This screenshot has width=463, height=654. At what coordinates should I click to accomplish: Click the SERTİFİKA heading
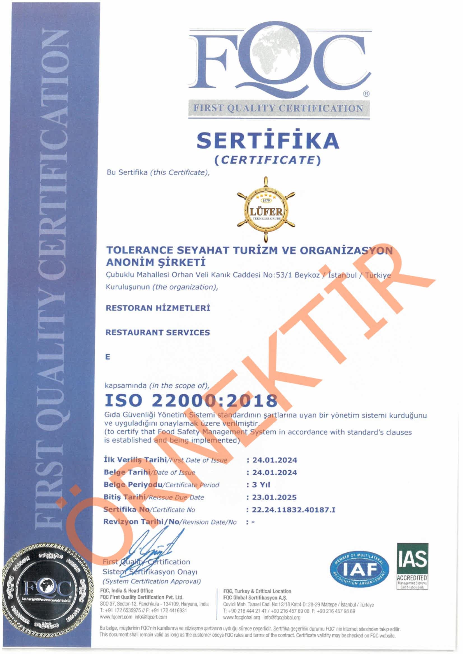pos(268,140)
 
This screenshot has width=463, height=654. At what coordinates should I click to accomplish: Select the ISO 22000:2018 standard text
pos(191,400)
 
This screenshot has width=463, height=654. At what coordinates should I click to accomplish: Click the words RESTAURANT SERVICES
pos(158,333)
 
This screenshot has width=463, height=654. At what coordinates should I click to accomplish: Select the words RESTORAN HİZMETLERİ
pos(158,308)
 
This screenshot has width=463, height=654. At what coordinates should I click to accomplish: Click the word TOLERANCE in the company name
pos(139,250)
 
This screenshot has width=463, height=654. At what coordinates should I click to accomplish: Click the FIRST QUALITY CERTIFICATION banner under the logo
pos(278,109)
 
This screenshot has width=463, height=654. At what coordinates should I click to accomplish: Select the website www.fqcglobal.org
pos(241,618)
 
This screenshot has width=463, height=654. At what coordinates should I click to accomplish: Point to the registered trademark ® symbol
pos(366,94)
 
